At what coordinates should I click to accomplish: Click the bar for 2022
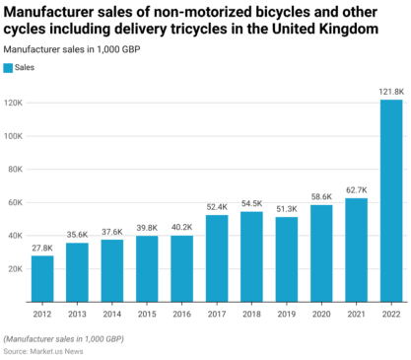pos(391,201)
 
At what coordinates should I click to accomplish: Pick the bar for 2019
pos(287,259)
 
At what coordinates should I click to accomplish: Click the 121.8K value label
pos(391,92)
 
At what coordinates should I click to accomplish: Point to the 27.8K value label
pos(42,248)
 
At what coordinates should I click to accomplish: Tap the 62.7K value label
pos(356,190)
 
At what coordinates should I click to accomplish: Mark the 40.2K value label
pos(181,227)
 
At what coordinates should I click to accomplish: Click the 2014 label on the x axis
pos(111,314)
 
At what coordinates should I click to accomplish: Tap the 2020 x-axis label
pos(321,314)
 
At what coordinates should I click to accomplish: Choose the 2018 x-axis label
pos(251,314)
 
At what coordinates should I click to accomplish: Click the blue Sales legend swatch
pos(9,68)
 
